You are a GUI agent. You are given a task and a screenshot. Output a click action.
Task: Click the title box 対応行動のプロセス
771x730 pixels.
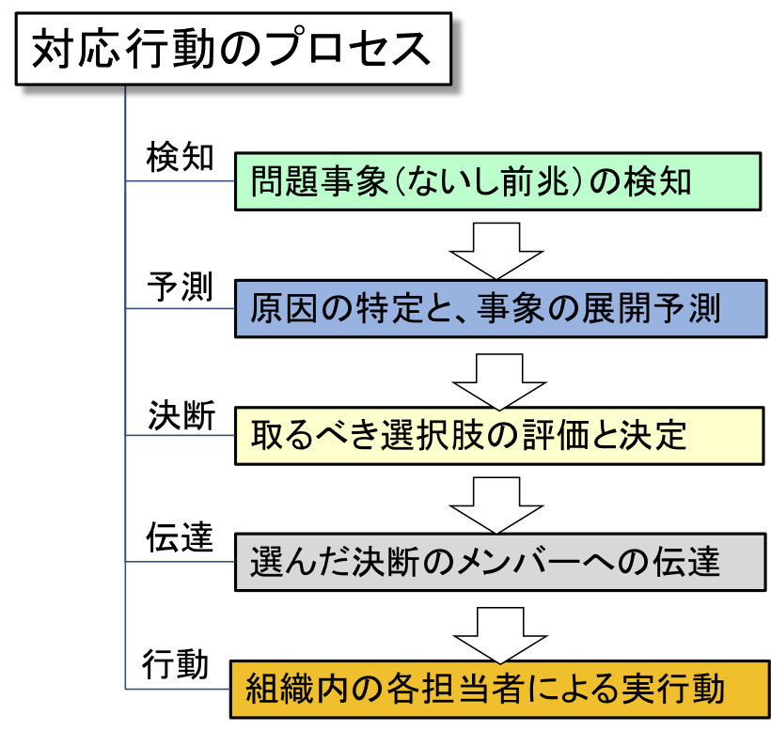pyautogui.click(x=233, y=49)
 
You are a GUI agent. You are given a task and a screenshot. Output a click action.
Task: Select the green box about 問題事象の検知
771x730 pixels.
pyautogui.click(x=497, y=181)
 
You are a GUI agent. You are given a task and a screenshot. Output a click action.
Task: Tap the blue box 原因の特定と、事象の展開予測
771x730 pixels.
pyautogui.click(x=500, y=308)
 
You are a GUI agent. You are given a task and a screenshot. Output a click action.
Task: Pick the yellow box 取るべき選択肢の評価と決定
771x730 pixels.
pyautogui.click(x=499, y=435)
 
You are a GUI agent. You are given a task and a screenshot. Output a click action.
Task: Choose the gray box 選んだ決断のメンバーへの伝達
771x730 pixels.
pyautogui.click(x=500, y=562)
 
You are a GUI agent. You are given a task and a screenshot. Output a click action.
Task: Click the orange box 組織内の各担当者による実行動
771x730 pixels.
pyautogui.click(x=499, y=690)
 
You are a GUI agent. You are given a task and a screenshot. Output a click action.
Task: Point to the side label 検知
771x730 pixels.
pyautogui.click(x=180, y=157)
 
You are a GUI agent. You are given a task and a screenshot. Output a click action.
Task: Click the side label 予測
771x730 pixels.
pyautogui.click(x=180, y=286)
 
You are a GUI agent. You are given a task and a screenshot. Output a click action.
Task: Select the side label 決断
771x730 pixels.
pyautogui.click(x=181, y=415)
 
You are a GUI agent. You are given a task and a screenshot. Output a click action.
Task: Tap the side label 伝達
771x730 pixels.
pyautogui.click(x=180, y=536)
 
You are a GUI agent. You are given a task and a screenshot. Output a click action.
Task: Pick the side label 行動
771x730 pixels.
pyautogui.click(x=176, y=663)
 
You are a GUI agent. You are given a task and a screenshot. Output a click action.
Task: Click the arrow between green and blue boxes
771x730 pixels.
pyautogui.click(x=496, y=251)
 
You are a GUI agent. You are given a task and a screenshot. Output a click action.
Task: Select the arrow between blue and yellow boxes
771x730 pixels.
pyautogui.click(x=499, y=381)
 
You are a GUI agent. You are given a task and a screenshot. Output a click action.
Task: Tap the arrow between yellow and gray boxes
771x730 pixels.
pyautogui.click(x=496, y=505)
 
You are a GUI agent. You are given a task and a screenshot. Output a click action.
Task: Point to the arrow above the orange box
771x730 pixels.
pyautogui.click(x=500, y=636)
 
